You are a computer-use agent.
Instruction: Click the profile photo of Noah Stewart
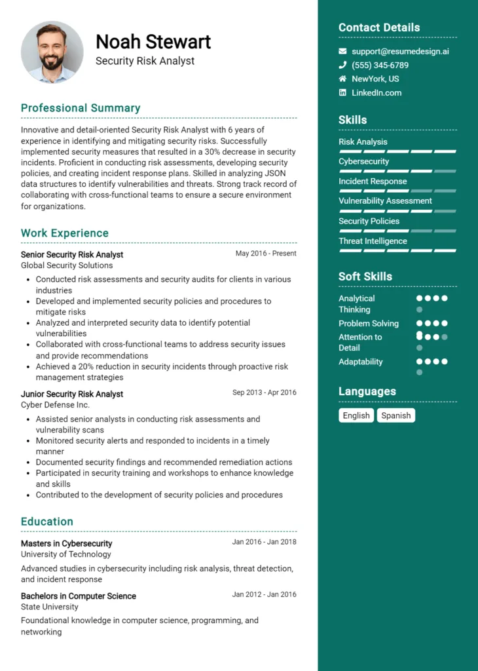pos(52,52)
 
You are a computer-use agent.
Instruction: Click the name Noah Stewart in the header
pos(153,42)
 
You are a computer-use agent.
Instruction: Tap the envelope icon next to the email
pos(342,51)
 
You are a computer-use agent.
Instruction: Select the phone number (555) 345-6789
pos(380,66)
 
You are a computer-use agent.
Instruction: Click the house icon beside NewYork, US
pos(342,79)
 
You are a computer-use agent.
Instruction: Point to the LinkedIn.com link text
pos(377,93)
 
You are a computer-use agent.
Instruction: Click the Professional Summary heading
pos(81,108)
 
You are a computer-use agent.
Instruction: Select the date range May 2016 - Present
pos(266,254)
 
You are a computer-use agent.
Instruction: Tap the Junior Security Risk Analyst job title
pos(72,394)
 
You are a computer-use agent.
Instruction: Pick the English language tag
pos(356,415)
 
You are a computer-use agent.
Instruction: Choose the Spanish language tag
pos(396,415)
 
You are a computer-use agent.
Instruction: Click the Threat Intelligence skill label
pos(373,241)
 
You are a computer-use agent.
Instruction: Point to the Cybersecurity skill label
pos(363,161)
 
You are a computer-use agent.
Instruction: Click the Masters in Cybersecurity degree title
pos(66,543)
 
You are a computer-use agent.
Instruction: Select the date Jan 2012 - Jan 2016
pos(264,594)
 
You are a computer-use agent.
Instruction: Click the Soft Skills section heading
pos(365,277)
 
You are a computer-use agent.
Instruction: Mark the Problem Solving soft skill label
pos(369,324)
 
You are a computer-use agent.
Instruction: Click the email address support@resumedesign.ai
pos(400,51)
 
